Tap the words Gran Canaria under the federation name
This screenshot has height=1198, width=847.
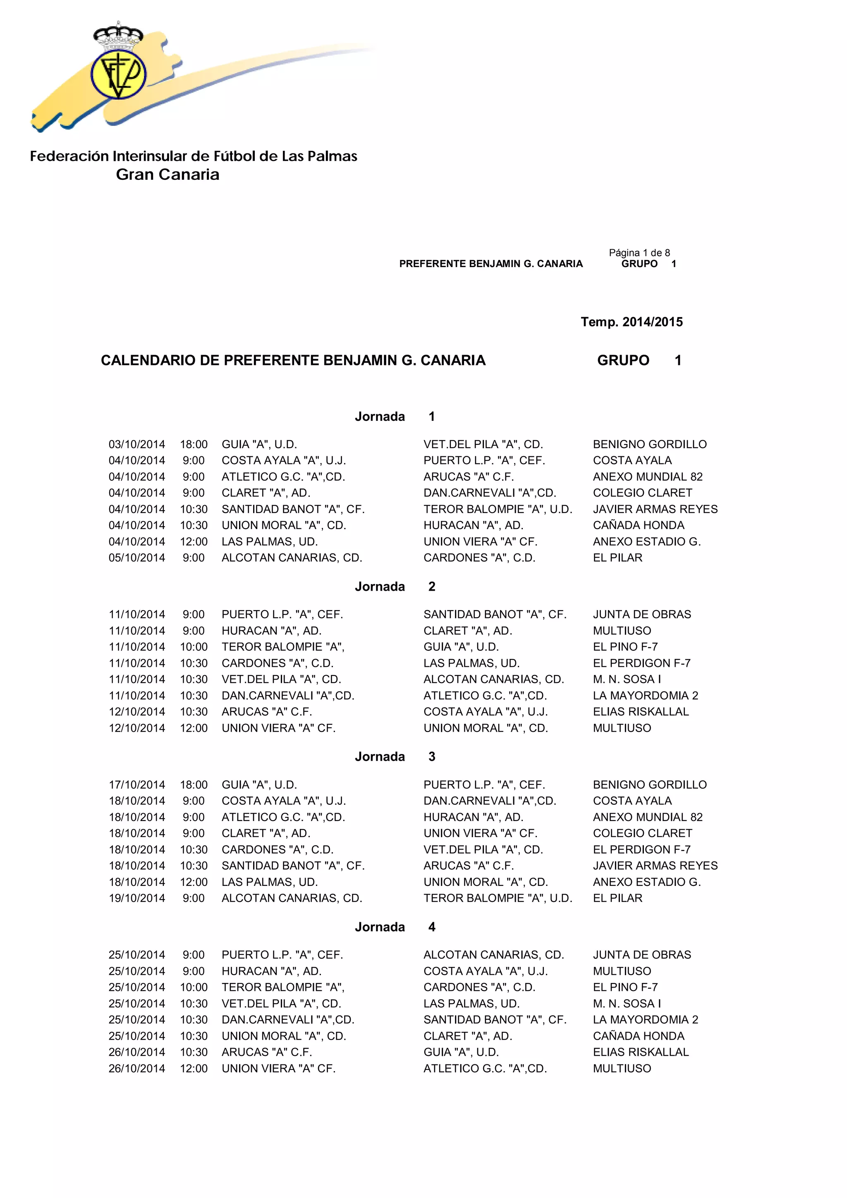tap(167, 175)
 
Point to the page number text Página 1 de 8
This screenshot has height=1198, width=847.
tap(639, 253)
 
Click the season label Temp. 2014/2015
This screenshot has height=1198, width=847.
tap(632, 322)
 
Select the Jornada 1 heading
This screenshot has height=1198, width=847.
tap(395, 416)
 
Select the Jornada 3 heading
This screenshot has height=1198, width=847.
tap(395, 757)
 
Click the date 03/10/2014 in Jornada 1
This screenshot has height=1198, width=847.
tap(137, 444)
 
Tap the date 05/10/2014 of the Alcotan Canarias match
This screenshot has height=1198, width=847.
tap(137, 558)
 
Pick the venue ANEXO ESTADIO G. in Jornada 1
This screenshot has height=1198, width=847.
tap(646, 542)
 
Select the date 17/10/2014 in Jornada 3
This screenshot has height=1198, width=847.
tap(137, 785)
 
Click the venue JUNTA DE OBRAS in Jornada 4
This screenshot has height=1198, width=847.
tap(642, 955)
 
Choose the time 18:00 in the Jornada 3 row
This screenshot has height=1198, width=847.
tap(194, 785)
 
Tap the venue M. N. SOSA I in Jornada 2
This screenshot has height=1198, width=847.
tap(627, 679)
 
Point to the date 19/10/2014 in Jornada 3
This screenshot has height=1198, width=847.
tap(137, 898)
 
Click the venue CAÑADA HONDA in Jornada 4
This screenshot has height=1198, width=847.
tap(638, 1036)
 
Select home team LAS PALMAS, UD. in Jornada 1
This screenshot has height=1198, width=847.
tap(269, 542)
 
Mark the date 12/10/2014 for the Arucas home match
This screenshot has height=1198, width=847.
tap(137, 712)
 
